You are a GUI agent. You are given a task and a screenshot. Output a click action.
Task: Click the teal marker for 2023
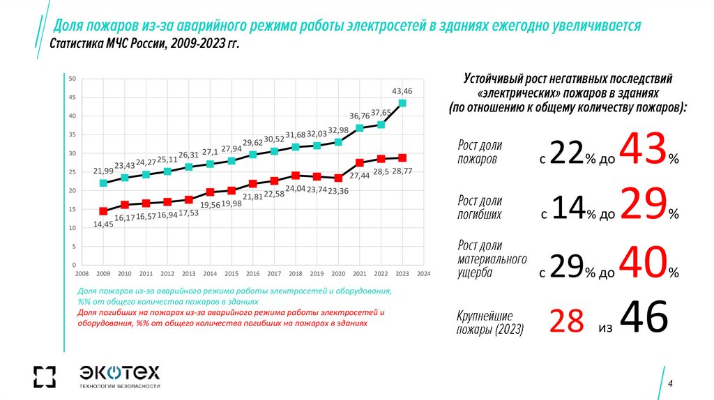tap(402, 103)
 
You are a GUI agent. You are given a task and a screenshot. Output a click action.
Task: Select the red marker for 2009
tap(103, 211)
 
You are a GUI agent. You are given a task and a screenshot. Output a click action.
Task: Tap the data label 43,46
tap(402, 91)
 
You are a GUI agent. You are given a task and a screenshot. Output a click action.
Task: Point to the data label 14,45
tap(103, 225)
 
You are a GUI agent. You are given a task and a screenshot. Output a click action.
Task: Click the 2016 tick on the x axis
tap(253, 274)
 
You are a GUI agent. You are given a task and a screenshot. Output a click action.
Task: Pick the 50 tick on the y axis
tap(73, 78)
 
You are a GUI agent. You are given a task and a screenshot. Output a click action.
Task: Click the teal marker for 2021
tap(360, 128)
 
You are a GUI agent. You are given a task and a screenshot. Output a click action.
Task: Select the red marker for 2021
tap(360, 162)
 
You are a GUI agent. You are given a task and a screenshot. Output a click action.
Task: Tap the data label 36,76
tap(360, 116)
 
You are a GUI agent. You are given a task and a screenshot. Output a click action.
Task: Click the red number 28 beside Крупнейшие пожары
tap(566, 321)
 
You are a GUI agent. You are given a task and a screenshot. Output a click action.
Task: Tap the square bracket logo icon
tap(44, 376)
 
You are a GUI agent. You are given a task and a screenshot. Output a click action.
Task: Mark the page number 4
tap(669, 384)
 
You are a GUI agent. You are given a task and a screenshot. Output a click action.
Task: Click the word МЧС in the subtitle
tap(111, 45)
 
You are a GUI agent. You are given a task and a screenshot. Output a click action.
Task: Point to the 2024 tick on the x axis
tap(424, 274)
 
